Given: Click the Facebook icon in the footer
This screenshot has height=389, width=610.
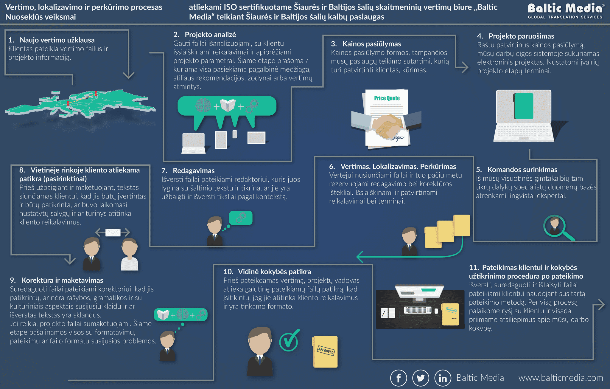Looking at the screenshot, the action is (x=399, y=378).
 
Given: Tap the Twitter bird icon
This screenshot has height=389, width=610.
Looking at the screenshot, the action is (x=421, y=378).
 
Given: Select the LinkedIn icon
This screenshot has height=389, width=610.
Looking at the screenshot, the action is (x=443, y=378).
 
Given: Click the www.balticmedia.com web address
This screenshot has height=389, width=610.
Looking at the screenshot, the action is (x=561, y=378).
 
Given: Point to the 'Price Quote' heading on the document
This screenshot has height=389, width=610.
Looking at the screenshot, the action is (x=387, y=98).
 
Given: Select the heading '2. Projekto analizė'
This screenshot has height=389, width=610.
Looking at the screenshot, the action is (x=205, y=35).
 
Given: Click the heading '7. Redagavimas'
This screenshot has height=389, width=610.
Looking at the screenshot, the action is (x=188, y=171).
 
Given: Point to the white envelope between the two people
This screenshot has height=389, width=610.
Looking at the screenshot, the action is (x=113, y=232).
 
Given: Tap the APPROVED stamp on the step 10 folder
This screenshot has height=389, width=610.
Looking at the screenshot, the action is (x=326, y=351).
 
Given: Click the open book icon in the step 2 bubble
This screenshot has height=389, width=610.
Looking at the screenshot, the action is (x=228, y=106).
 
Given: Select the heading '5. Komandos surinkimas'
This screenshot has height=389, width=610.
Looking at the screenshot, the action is (x=516, y=170).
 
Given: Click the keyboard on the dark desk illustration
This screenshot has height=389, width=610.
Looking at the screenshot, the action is (x=418, y=310).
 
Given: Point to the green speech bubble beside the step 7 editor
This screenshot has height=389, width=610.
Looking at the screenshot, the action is (x=241, y=218).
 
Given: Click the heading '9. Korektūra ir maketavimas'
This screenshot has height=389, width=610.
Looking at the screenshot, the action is (x=57, y=280).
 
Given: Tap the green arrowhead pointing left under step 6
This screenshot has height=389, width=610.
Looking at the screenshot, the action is (x=360, y=257).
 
